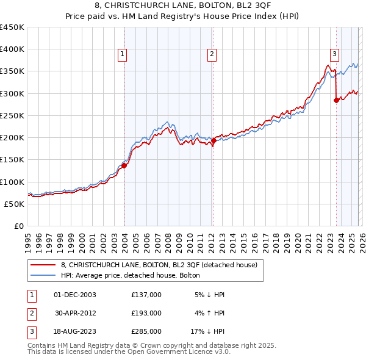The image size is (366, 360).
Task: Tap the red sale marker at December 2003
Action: point(124,165)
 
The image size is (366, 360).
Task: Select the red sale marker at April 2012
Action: point(213,140)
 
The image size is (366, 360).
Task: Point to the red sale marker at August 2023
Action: point(336,101)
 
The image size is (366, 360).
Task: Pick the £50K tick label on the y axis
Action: point(14,204)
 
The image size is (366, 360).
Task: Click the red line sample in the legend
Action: point(43,265)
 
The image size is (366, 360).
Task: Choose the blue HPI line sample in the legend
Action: point(43,275)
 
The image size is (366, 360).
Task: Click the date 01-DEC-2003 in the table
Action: point(75,295)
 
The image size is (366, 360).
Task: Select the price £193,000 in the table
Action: point(146,313)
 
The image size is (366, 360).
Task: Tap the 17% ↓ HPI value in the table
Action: point(207,331)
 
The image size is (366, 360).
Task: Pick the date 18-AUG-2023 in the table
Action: point(75,331)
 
